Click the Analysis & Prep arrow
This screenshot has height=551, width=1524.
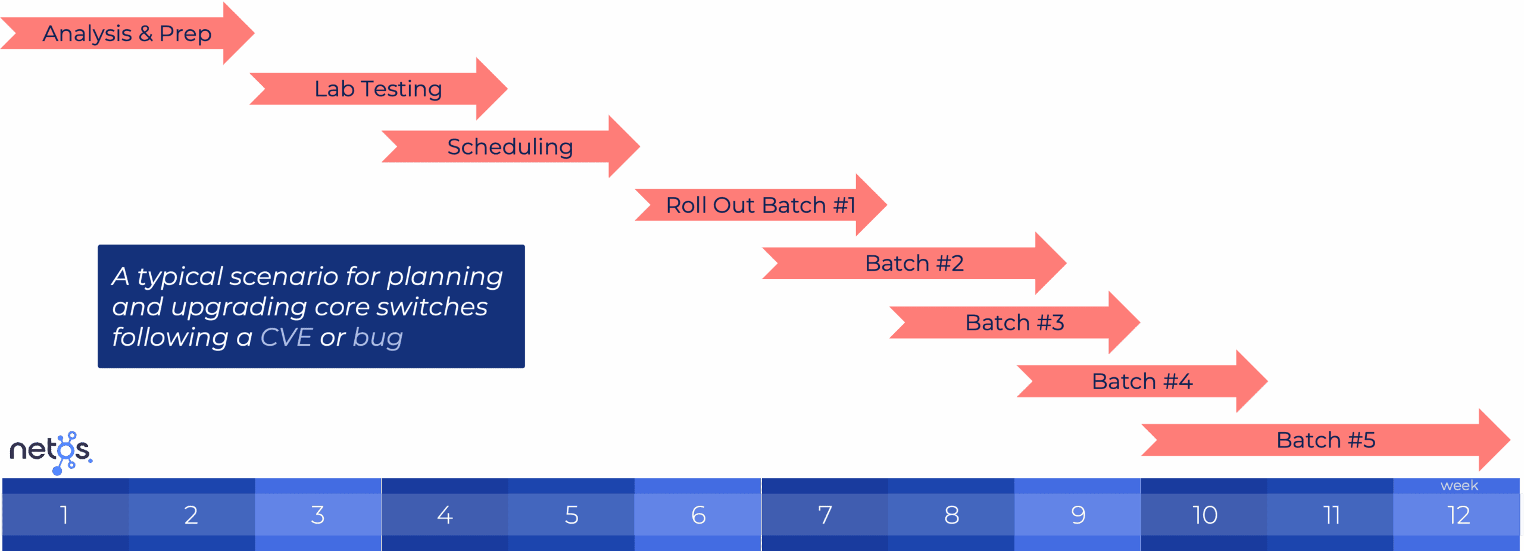[x=127, y=33]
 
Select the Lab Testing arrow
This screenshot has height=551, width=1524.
[x=379, y=89]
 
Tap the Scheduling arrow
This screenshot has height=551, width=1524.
[x=511, y=146]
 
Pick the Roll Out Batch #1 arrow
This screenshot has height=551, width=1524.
[x=761, y=205]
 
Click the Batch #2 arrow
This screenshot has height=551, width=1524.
[x=914, y=263]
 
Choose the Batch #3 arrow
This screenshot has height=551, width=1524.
[x=1015, y=323]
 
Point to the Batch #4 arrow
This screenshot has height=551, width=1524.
[x=1142, y=381]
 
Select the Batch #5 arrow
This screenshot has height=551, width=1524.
[x=1326, y=440]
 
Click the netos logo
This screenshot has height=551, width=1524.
[x=51, y=453]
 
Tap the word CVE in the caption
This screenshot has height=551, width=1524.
[x=286, y=337]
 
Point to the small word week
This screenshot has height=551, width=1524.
[x=1459, y=486]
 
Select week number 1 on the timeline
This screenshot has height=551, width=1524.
[x=64, y=515]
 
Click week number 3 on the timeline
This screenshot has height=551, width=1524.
[x=318, y=515]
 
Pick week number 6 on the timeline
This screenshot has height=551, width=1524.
[x=698, y=515]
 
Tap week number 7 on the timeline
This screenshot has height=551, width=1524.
[x=825, y=515]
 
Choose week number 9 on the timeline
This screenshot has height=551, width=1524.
[x=1078, y=515]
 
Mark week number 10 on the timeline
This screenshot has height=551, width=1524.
[x=1205, y=515]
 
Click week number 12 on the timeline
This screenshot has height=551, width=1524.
[x=1459, y=515]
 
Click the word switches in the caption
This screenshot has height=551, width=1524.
[x=432, y=307]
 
